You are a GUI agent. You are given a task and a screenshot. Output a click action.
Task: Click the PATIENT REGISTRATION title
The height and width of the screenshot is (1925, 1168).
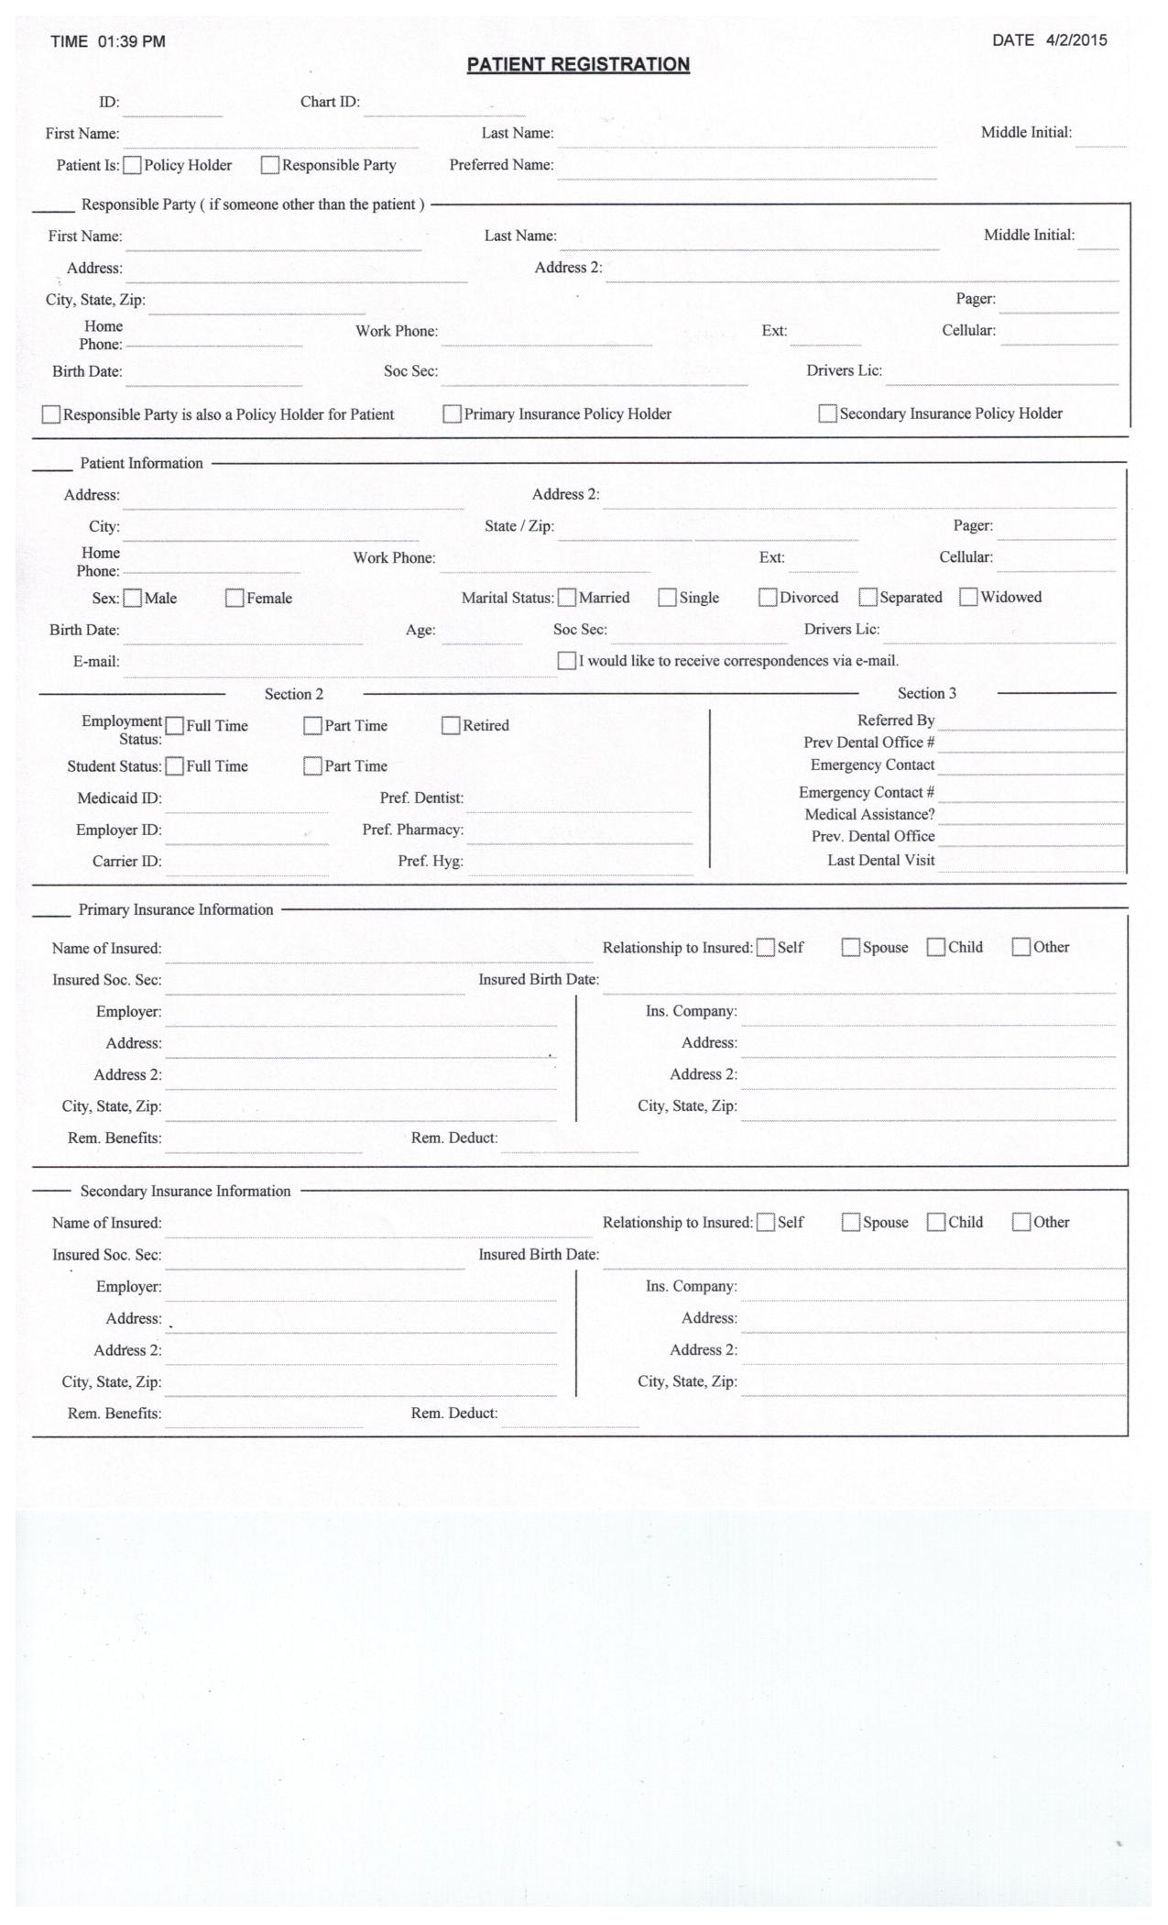click(578, 64)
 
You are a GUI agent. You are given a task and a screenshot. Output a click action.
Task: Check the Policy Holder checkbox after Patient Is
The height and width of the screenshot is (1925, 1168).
click(133, 166)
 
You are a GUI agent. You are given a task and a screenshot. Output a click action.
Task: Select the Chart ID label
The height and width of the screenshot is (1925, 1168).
click(330, 102)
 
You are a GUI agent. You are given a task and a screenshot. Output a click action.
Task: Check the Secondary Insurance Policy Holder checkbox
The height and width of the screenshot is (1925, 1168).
click(827, 414)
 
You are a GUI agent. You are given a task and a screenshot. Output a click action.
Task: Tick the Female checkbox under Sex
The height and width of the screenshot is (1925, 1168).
click(235, 599)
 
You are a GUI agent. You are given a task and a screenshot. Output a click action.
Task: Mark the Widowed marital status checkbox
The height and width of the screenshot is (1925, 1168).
click(968, 598)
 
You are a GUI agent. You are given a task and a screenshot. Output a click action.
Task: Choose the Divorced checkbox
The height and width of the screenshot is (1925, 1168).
click(768, 598)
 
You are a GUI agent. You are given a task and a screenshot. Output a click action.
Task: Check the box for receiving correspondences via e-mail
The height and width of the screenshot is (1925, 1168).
click(567, 661)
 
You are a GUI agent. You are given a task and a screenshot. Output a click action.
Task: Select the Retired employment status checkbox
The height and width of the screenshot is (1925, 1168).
click(451, 726)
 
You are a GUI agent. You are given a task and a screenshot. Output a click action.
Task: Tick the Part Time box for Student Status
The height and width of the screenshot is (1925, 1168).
click(312, 766)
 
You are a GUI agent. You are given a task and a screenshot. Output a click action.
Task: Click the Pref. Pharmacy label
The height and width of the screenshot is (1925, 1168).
click(412, 830)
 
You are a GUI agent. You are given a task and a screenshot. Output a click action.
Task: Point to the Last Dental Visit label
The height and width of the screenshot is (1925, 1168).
click(880, 860)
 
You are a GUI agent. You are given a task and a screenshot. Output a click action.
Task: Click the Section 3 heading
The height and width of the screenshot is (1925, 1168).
click(926, 694)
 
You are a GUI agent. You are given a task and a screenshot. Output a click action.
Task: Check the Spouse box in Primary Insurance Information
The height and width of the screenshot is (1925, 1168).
click(851, 948)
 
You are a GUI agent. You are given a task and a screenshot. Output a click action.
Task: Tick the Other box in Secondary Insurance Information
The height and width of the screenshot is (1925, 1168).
click(1021, 1223)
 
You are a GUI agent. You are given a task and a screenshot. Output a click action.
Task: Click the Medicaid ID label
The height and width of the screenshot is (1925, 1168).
click(119, 798)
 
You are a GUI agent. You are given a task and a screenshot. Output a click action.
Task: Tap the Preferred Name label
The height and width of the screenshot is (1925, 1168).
click(501, 165)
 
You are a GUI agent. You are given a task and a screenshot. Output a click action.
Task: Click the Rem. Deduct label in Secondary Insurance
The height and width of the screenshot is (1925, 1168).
click(453, 1413)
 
